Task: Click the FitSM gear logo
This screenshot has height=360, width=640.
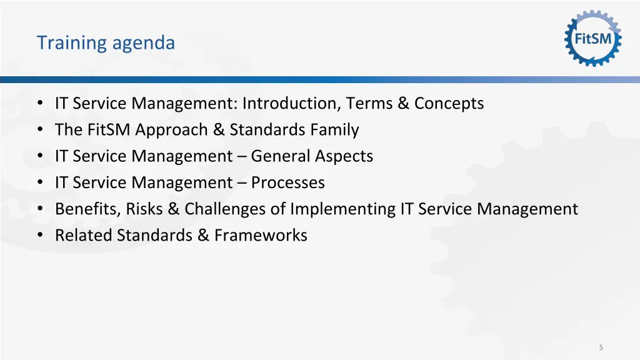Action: tap(593, 39)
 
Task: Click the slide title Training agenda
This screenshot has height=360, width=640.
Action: tap(106, 42)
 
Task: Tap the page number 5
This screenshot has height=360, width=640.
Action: tap(601, 347)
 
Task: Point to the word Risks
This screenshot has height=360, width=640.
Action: tap(144, 209)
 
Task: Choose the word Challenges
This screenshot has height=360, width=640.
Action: tap(225, 209)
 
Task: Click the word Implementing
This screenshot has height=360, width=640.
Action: tap(342, 209)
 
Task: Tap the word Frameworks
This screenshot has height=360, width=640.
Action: tap(261, 235)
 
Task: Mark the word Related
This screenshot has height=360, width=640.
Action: tap(80, 235)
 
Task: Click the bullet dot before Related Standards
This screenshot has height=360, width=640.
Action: tap(41, 235)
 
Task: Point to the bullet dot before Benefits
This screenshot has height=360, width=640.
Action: tap(41, 209)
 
